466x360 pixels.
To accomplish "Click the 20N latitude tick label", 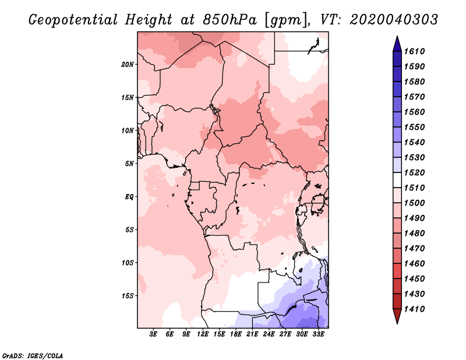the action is click(x=128, y=65).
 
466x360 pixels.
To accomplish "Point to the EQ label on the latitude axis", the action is click(x=129, y=197).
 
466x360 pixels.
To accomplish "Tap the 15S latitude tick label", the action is click(x=128, y=296).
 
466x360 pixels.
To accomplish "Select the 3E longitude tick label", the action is click(x=153, y=334).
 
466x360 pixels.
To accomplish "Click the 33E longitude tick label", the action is click(x=318, y=334).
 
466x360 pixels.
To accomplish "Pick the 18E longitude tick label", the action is click(x=236, y=334).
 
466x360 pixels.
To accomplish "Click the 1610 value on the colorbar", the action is click(x=414, y=51).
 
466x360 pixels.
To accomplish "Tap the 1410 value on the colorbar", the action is click(x=414, y=309).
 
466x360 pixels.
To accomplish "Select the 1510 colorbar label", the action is click(x=414, y=188).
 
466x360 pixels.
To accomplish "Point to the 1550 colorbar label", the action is click(x=414, y=127).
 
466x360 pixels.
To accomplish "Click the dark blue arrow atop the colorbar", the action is click(x=397, y=44).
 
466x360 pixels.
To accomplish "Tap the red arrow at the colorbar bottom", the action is click(x=397, y=316).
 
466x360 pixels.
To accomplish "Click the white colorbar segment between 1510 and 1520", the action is click(x=397, y=180).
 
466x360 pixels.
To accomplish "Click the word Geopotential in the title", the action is click(x=73, y=20).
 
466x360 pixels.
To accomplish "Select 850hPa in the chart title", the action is click(x=230, y=20).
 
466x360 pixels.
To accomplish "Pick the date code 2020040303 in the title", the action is click(x=394, y=20).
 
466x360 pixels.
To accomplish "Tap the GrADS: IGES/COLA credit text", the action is click(x=33, y=356).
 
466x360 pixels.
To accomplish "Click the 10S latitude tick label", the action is click(x=128, y=263).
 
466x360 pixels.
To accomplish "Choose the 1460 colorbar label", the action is click(x=414, y=264).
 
